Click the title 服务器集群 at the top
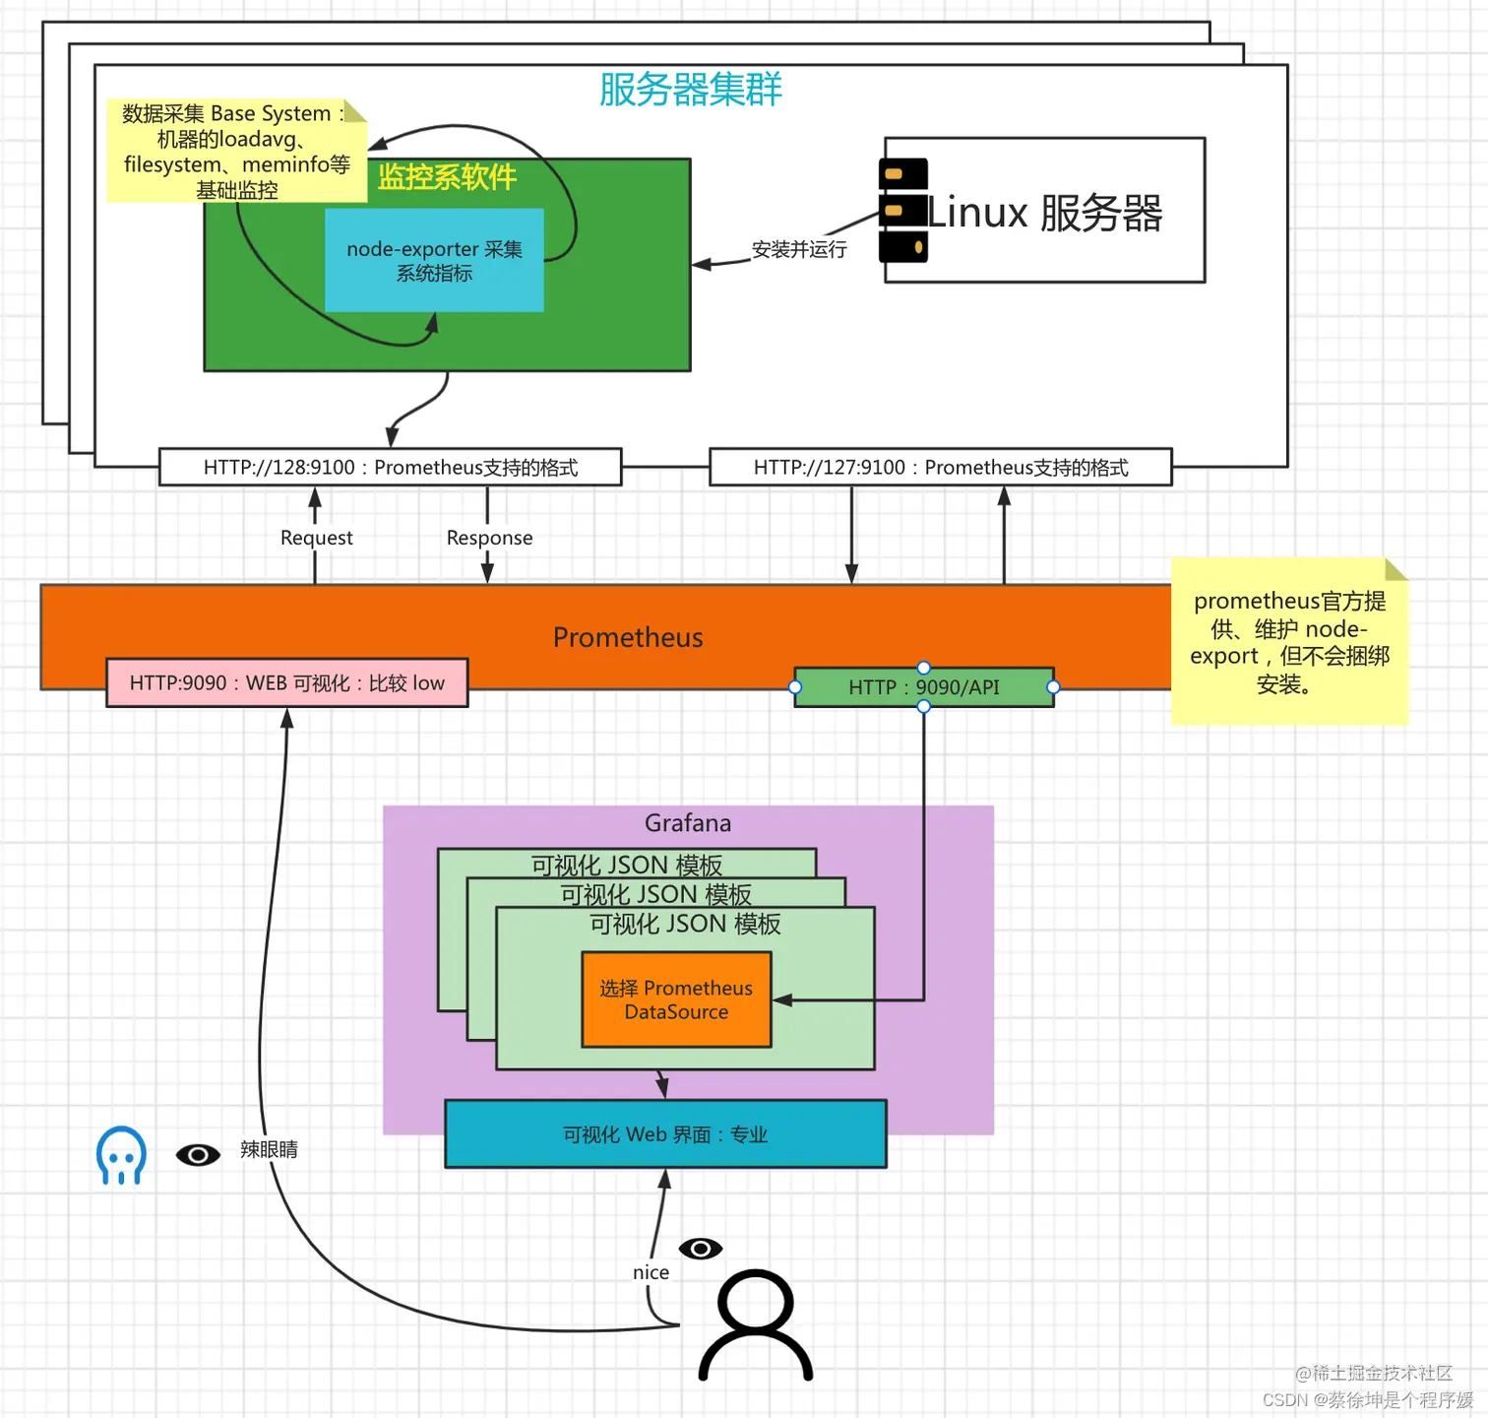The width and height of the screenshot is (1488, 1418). pos(690,90)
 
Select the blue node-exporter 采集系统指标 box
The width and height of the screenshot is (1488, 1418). pos(434,261)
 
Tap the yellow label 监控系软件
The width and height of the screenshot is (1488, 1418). pos(447,177)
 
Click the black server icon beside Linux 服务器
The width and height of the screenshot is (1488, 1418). pos(903,211)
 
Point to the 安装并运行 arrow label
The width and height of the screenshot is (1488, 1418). pos(799,249)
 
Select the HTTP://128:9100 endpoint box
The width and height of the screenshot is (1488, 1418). pos(390,468)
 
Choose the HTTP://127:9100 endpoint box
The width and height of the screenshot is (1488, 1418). pos(940,468)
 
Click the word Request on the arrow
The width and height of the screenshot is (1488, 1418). pos(316,538)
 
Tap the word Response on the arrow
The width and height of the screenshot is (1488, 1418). pos(489,538)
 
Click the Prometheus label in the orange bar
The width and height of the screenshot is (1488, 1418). pos(628,637)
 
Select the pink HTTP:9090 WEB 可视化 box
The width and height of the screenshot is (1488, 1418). pos(286,683)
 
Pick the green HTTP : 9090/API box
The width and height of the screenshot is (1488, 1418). pos(923,687)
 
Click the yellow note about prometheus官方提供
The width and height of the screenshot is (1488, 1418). pos(1289,642)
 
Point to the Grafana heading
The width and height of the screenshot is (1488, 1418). pos(688,823)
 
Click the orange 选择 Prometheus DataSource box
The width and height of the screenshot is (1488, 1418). pos(676,999)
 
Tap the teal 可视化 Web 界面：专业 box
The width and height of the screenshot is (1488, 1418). pos(665,1134)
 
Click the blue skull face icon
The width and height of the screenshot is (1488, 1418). pos(121,1155)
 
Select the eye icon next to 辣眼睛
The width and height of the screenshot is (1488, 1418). pos(198,1154)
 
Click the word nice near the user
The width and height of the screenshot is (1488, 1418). pos(651,1272)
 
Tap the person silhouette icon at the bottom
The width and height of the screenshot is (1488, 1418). pos(756,1325)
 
